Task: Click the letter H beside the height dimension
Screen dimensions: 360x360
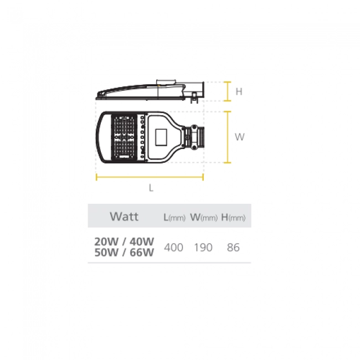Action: click(239, 92)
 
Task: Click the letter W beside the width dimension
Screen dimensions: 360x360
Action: click(239, 137)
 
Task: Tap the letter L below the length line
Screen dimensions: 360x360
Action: click(151, 188)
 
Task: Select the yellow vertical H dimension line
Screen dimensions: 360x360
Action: click(228, 91)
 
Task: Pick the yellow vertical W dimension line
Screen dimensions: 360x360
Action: click(228, 137)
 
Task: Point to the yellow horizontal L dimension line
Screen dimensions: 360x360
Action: click(150, 177)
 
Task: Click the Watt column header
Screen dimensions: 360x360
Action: click(124, 216)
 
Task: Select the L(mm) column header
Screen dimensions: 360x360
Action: click(174, 217)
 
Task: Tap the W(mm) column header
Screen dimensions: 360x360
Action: click(203, 217)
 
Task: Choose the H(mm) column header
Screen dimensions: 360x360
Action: click(233, 217)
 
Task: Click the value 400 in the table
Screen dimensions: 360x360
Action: click(174, 248)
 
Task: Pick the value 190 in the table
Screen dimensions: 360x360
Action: click(203, 248)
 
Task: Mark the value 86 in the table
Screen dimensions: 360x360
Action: click(233, 248)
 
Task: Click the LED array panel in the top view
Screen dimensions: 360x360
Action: click(125, 137)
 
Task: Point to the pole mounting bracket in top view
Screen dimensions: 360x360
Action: click(195, 137)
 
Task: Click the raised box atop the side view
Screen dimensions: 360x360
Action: click(166, 83)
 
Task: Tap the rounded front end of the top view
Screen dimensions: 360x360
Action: click(100, 137)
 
